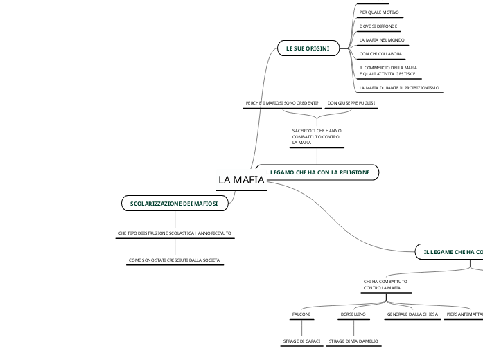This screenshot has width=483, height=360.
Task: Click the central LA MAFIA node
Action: (x=241, y=181)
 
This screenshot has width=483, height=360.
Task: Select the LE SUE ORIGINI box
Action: (x=308, y=48)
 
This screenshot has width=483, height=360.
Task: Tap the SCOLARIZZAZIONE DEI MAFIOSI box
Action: (x=174, y=204)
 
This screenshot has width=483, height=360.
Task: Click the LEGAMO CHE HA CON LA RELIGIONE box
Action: (x=318, y=172)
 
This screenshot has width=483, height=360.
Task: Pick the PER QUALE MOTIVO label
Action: (x=379, y=12)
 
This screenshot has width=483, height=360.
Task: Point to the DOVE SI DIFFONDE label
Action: (x=378, y=26)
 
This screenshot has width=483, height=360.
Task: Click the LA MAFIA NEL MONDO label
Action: (x=382, y=40)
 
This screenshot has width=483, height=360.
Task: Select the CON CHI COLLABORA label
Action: (x=380, y=53)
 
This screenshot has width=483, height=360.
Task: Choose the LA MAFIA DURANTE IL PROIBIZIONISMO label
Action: (x=399, y=88)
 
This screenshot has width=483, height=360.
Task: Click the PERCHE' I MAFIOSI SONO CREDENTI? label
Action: (x=283, y=103)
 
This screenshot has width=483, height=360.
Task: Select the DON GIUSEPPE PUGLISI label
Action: (x=351, y=103)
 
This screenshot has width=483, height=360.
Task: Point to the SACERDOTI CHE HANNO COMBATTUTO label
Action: (x=317, y=136)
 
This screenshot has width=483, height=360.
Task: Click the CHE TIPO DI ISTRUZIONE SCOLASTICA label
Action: (x=175, y=233)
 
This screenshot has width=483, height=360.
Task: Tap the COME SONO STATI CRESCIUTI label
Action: (x=175, y=260)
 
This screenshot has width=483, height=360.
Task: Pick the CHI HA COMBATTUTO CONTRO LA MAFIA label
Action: (x=385, y=285)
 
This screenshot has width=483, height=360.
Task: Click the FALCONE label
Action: (x=301, y=314)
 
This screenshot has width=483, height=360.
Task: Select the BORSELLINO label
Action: (x=353, y=314)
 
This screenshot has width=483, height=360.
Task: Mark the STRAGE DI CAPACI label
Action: (x=301, y=341)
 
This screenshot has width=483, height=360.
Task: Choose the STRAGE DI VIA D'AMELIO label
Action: (x=353, y=341)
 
